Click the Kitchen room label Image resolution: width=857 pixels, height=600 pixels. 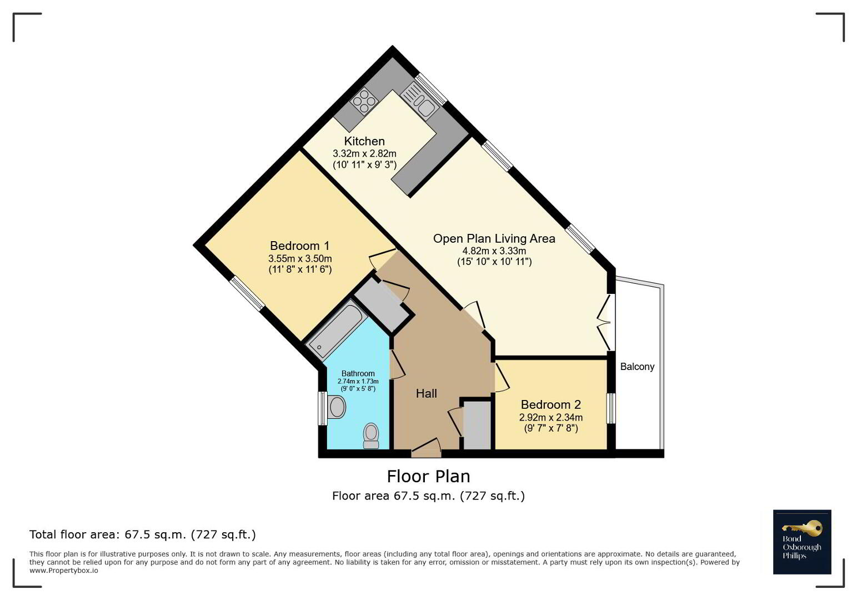point(364,141)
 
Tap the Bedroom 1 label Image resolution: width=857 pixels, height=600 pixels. point(299,246)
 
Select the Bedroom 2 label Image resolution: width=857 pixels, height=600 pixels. point(551,404)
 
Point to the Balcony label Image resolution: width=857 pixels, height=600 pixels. point(637,367)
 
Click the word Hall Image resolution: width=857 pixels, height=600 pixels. point(426,393)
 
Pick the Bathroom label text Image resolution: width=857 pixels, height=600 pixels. point(358,373)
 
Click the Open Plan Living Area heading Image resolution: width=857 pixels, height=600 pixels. point(494,239)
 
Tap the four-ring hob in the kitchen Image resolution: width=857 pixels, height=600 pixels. point(364,101)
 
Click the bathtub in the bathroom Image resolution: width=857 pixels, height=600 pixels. point(337,331)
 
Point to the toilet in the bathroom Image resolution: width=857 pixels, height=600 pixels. point(370,436)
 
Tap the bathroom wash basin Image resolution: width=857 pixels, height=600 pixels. point(336,407)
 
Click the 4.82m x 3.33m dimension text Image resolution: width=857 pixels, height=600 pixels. point(494,251)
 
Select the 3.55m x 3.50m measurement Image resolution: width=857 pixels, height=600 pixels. point(300,258)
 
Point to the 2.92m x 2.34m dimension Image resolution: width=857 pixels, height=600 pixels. point(551,417)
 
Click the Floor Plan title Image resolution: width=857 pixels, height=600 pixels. point(429,477)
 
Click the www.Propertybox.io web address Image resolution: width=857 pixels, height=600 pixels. point(64,571)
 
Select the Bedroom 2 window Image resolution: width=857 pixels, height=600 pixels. point(612,408)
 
